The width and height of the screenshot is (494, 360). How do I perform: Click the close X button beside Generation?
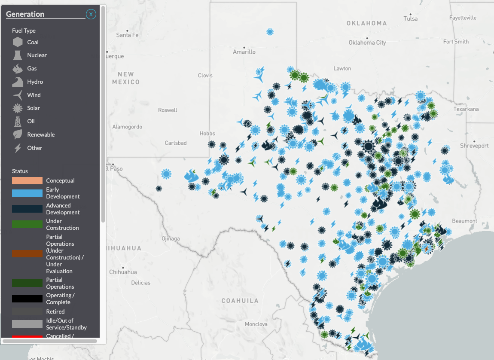[x=91, y=14]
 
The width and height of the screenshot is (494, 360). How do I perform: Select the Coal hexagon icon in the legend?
[x=18, y=42]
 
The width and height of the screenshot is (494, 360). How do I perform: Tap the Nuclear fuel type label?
[x=37, y=55]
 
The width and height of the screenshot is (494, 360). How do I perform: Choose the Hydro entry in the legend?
[x=35, y=82]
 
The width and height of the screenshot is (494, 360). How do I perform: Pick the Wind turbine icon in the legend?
[x=18, y=95]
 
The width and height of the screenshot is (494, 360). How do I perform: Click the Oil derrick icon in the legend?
[x=18, y=121]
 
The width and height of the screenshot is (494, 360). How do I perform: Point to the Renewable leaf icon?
[x=18, y=134]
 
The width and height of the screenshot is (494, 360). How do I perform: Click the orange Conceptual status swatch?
[x=27, y=180]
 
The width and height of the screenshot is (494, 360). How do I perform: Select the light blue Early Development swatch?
[x=27, y=193]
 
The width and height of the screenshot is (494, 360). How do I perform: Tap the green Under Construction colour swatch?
[x=27, y=224]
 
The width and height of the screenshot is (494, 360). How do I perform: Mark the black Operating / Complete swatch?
[x=27, y=299]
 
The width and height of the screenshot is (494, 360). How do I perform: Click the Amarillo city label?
[x=244, y=52]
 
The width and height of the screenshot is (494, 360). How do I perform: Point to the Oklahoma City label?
[x=367, y=43]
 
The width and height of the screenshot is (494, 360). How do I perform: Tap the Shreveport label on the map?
[x=474, y=146]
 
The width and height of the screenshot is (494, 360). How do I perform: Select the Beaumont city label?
[x=464, y=221]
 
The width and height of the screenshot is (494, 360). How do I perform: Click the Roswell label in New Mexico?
[x=168, y=110]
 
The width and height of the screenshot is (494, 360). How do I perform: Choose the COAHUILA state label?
[x=240, y=301]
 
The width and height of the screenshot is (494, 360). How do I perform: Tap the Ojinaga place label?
[x=171, y=238]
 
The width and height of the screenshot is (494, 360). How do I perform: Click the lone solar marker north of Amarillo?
[x=270, y=32]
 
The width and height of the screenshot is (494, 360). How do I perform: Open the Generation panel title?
[x=25, y=14]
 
